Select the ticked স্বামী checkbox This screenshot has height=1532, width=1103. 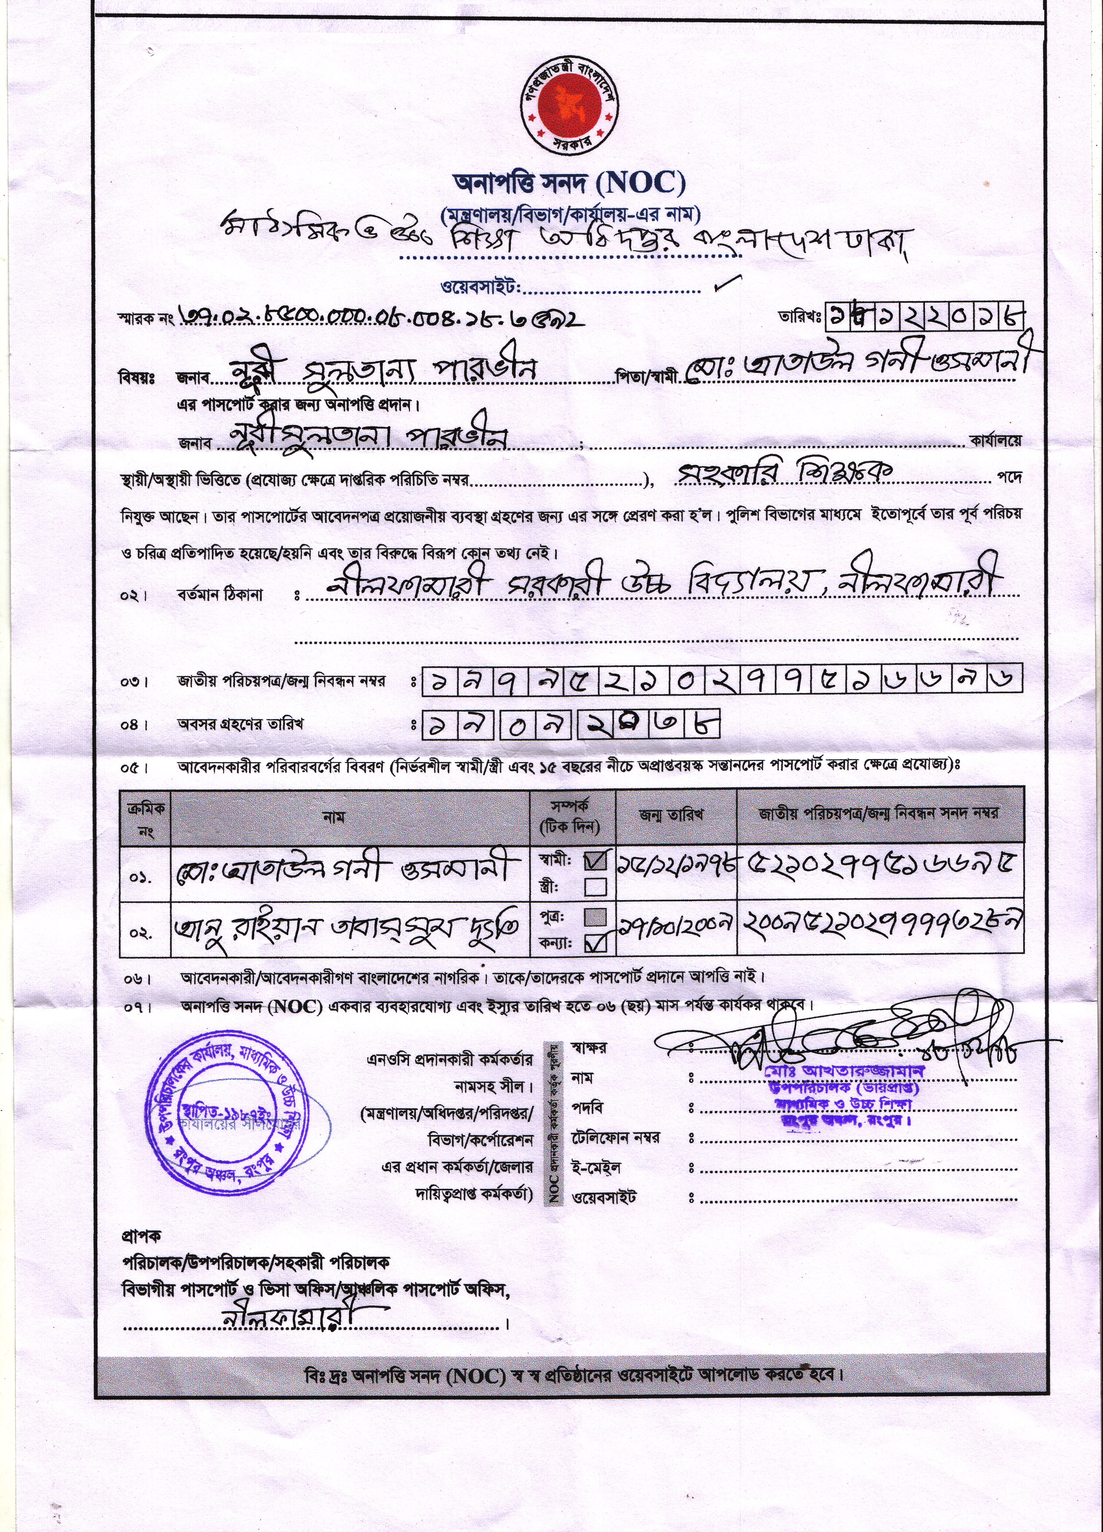coord(595,860)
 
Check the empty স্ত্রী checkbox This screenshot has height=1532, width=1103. coord(595,887)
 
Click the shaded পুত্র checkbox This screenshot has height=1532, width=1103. coord(595,917)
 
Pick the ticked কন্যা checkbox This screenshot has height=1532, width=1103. coord(595,942)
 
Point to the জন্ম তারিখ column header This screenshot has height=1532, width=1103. coord(671,816)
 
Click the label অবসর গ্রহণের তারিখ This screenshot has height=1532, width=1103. coord(241,724)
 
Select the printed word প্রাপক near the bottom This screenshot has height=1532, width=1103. coord(141,1236)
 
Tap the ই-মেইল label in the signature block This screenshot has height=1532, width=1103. coord(596,1167)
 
